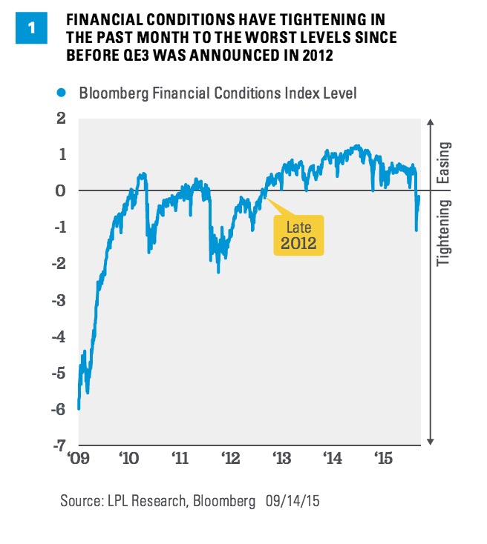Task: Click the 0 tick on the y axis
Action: (x=62, y=190)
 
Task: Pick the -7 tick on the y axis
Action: (x=58, y=445)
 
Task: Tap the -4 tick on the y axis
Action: (x=58, y=336)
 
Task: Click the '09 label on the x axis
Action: (x=78, y=460)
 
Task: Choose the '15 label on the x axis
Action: (x=382, y=460)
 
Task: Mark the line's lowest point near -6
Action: (x=79, y=408)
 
